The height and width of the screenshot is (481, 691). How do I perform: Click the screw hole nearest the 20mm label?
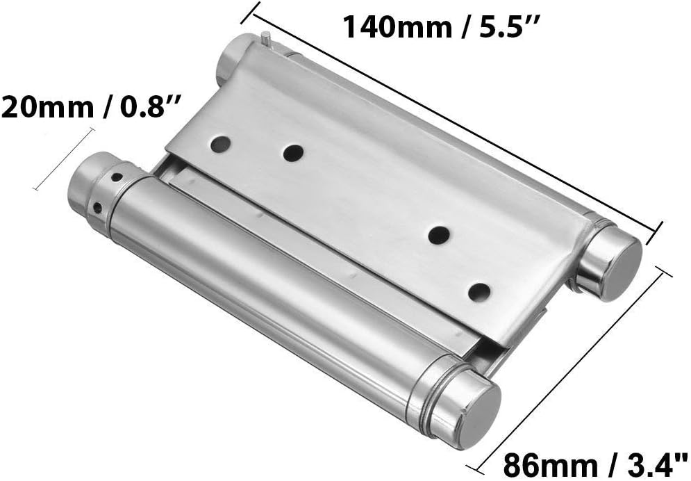(220, 144)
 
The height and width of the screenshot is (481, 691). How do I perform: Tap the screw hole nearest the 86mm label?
(477, 291)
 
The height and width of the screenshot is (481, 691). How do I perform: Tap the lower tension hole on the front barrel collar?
(99, 206)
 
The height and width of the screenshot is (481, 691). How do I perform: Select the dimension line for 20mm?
(63, 158)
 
